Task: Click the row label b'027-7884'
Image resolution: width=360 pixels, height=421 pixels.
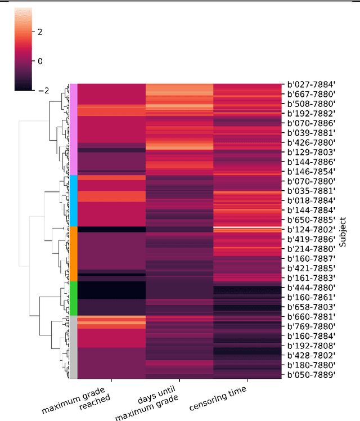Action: click(x=311, y=84)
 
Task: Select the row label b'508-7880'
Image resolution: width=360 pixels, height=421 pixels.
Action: click(x=311, y=104)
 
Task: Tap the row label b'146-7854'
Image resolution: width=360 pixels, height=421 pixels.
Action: click(x=311, y=171)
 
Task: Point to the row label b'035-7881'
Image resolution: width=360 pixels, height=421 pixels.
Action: click(x=311, y=191)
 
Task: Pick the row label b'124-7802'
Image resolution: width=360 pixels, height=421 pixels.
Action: click(x=311, y=229)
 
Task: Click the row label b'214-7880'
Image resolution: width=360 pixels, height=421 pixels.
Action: click(x=311, y=249)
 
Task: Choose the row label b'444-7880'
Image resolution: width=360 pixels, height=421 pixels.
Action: click(x=311, y=287)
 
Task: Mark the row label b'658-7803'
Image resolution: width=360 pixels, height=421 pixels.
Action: click(x=311, y=307)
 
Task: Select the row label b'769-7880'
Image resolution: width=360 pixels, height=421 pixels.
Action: click(x=311, y=326)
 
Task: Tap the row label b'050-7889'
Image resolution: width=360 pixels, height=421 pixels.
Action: click(x=311, y=374)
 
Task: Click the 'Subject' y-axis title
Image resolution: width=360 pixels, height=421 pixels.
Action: click(x=342, y=230)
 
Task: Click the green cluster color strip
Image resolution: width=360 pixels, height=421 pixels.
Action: click(x=73, y=298)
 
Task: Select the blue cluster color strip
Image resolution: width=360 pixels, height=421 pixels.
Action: click(x=73, y=200)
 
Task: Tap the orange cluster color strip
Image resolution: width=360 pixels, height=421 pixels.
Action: click(x=73, y=253)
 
